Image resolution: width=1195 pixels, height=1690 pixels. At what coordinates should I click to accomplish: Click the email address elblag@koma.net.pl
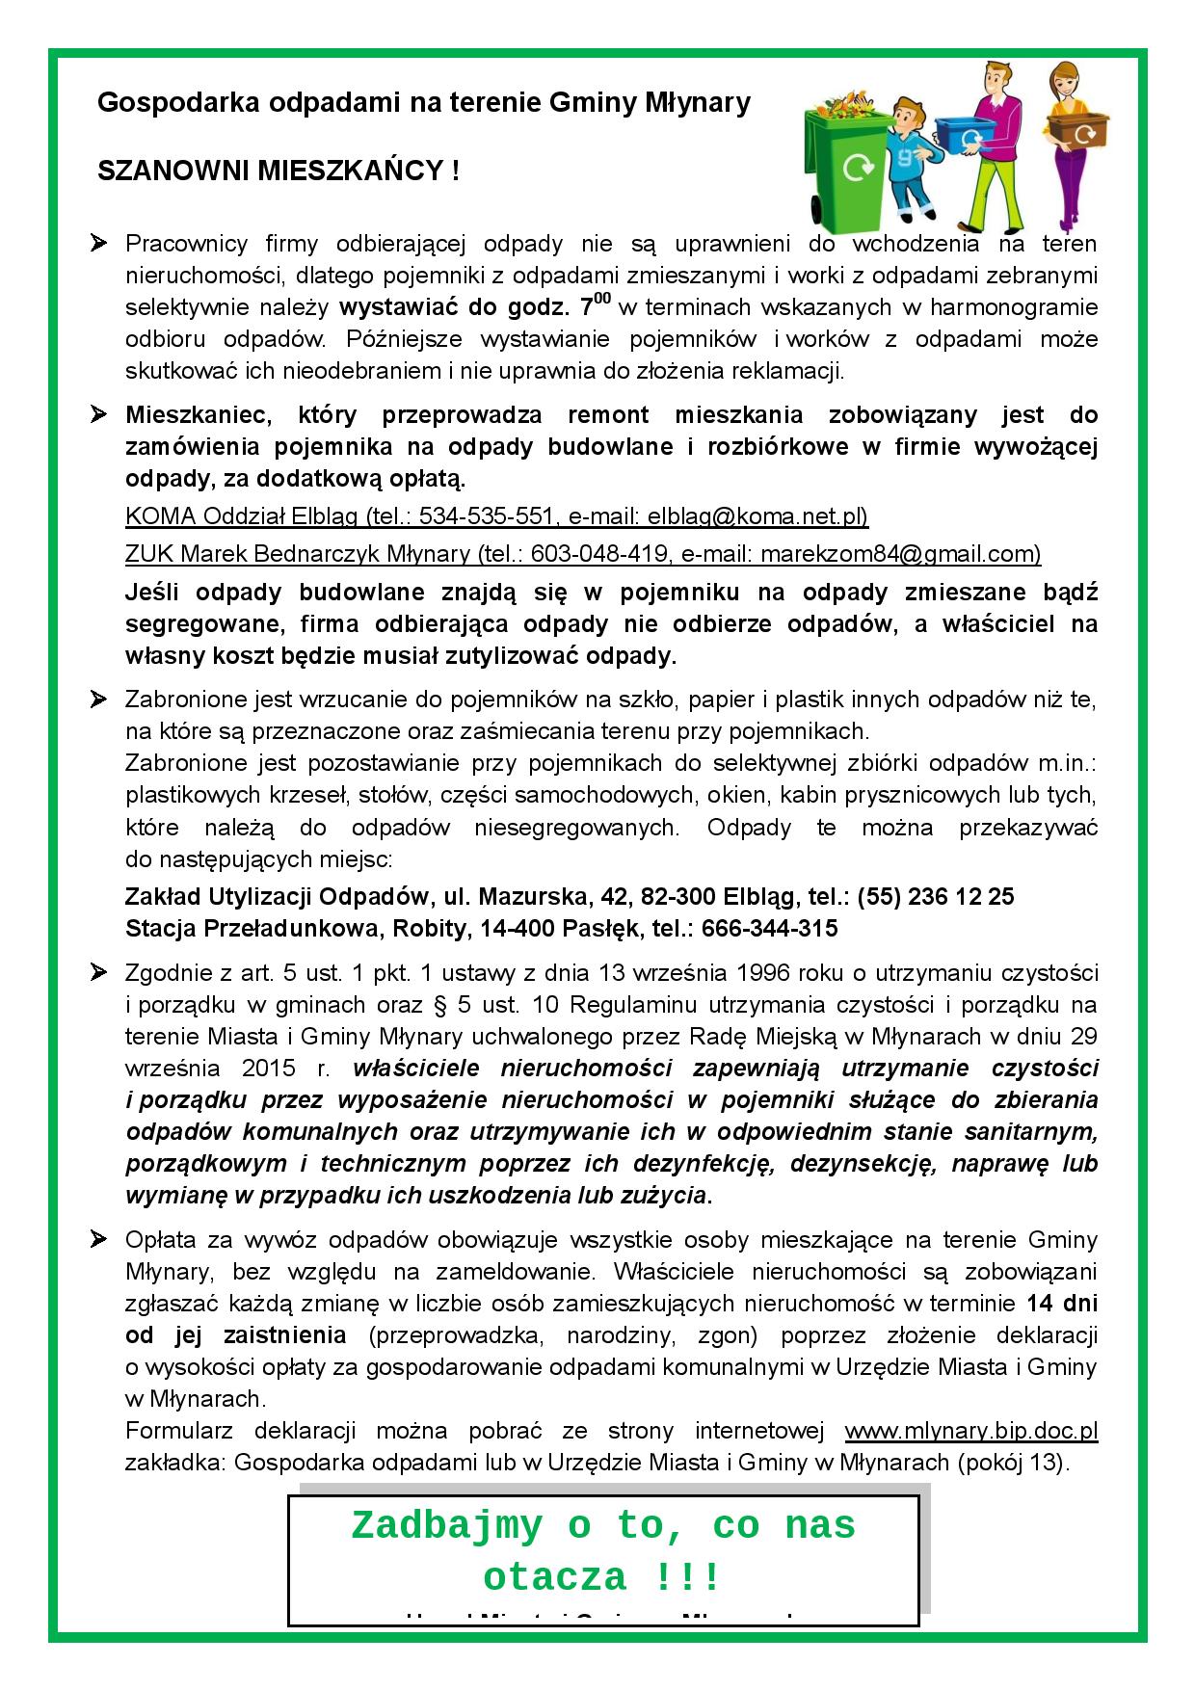coord(757,516)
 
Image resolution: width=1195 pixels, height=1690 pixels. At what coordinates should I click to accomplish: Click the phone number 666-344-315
coord(770,929)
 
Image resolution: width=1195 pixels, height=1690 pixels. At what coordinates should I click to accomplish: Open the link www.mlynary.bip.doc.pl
coord(971,1430)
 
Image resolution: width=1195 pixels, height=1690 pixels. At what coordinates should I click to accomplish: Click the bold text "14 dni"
coord(1061,1304)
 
